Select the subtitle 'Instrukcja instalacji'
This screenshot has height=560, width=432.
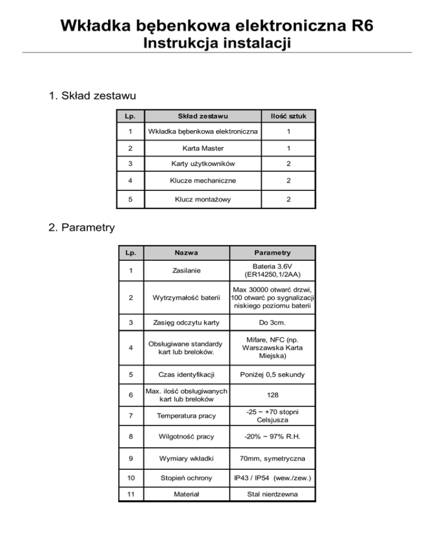217,43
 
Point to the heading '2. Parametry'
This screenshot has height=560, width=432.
82,228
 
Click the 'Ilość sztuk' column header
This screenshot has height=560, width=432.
287,117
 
